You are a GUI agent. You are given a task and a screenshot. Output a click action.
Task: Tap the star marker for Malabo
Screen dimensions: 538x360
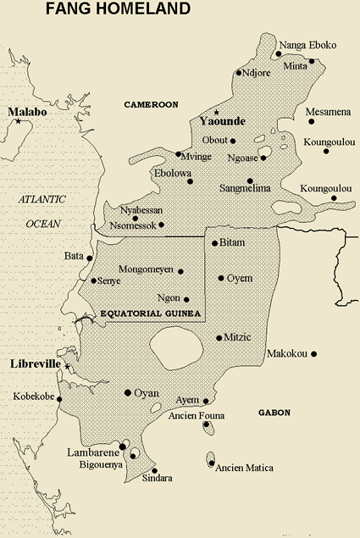(18, 123)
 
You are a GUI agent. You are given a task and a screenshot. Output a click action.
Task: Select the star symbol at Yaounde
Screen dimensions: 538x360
(216, 112)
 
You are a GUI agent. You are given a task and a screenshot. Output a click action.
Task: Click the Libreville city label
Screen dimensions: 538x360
(33, 363)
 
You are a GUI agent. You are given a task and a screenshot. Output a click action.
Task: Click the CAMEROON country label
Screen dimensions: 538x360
(150, 104)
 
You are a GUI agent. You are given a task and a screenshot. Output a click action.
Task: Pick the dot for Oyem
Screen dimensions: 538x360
(221, 278)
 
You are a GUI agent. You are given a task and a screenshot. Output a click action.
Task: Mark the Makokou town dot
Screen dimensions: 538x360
(313, 353)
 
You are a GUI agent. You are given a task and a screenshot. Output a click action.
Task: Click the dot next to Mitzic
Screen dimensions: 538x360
(219, 337)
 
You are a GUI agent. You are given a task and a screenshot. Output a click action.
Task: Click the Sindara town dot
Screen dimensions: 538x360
(154, 471)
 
